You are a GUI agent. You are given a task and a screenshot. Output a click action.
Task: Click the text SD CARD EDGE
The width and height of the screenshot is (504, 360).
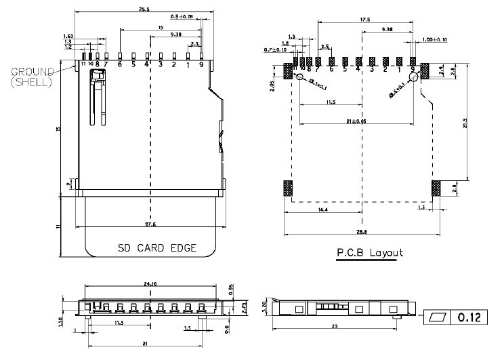tap(157, 248)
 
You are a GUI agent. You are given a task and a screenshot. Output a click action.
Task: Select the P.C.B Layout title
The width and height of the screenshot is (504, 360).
tap(370, 253)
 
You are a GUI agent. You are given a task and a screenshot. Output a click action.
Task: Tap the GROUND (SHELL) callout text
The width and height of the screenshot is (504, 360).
tap(32, 76)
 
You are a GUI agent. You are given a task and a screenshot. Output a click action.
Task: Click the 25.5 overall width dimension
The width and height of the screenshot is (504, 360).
tap(143, 9)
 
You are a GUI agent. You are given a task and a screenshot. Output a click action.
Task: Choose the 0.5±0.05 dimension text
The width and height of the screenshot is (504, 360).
tap(181, 16)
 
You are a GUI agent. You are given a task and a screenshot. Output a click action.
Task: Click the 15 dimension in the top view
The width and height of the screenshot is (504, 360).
tap(160, 27)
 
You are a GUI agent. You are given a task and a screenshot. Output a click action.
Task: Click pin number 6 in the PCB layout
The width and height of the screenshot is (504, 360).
tap(332, 68)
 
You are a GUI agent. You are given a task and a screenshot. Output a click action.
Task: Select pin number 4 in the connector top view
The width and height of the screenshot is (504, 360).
tap(147, 65)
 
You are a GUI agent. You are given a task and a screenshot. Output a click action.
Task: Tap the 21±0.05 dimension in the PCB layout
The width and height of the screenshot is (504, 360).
tap(356, 121)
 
